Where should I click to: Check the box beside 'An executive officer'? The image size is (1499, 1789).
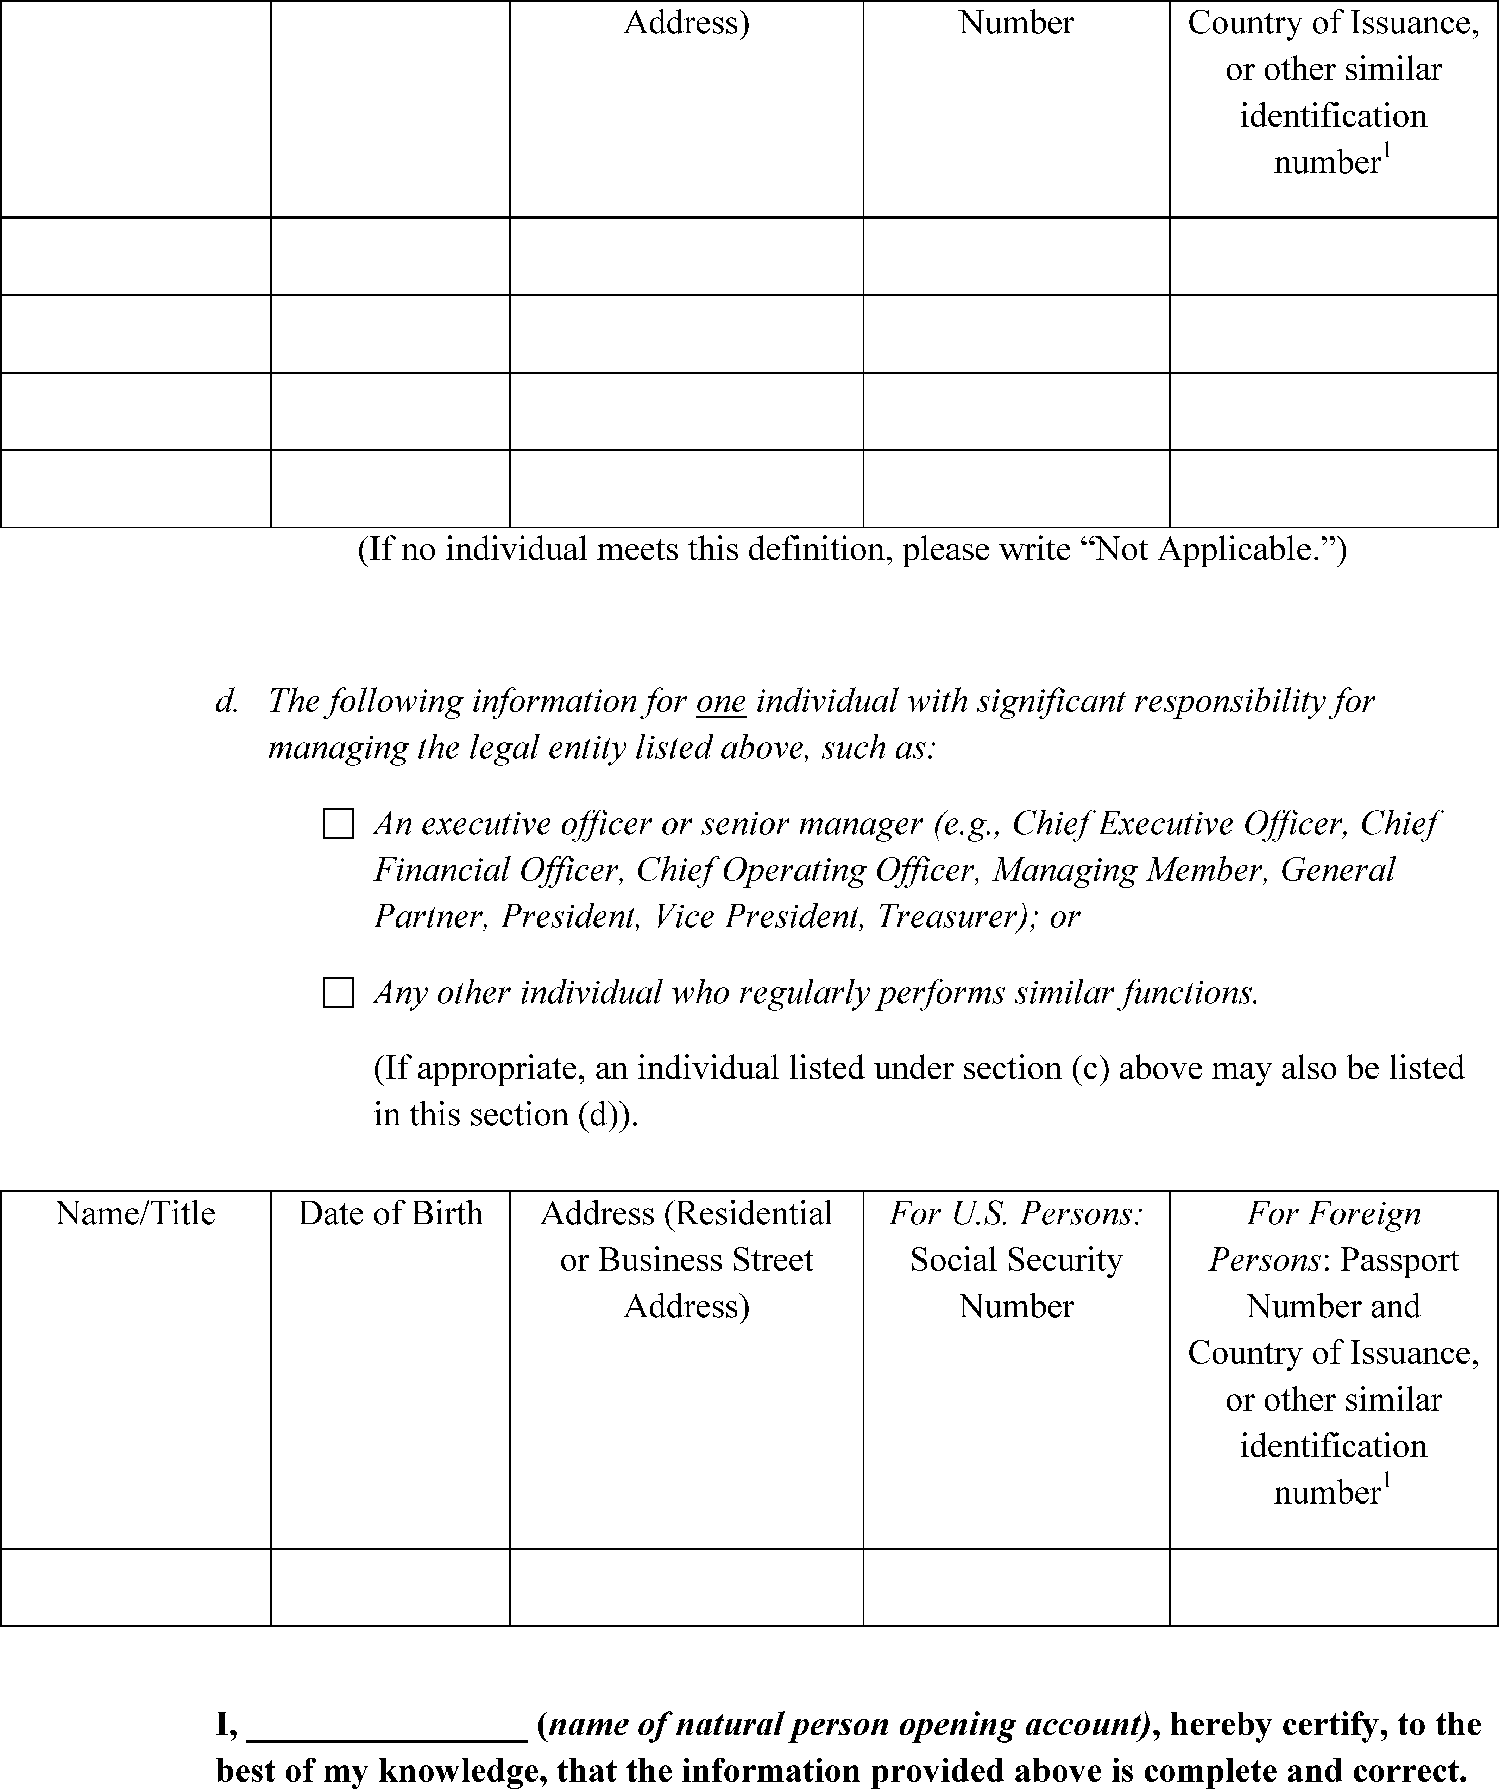tap(338, 825)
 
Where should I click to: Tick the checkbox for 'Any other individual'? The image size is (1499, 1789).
tap(338, 993)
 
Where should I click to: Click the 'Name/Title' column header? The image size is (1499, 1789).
tap(136, 1213)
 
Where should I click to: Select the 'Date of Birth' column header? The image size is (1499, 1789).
tap(390, 1213)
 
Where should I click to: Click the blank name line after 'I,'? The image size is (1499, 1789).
tap(388, 1724)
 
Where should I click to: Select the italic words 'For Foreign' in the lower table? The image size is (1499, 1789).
tap(1334, 1213)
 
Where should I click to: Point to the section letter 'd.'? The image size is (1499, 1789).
tap(227, 701)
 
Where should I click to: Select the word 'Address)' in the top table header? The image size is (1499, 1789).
tap(686, 23)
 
